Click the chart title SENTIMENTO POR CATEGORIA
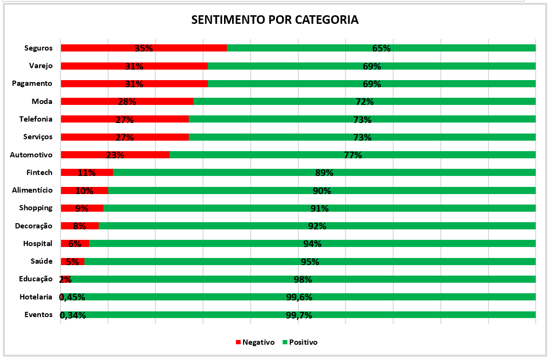pos(275,20)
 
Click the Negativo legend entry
pos(255,342)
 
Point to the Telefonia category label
pos(36,119)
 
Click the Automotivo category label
pos(31,154)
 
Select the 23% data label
pos(115,155)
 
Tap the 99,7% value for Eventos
pos(298,315)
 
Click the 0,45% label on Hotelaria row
pos(72,298)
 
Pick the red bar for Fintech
pos(87,172)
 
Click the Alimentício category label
pos(32,190)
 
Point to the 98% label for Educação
pos(303,279)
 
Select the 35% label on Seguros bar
pos(143,48)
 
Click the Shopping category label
pos(36,208)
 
